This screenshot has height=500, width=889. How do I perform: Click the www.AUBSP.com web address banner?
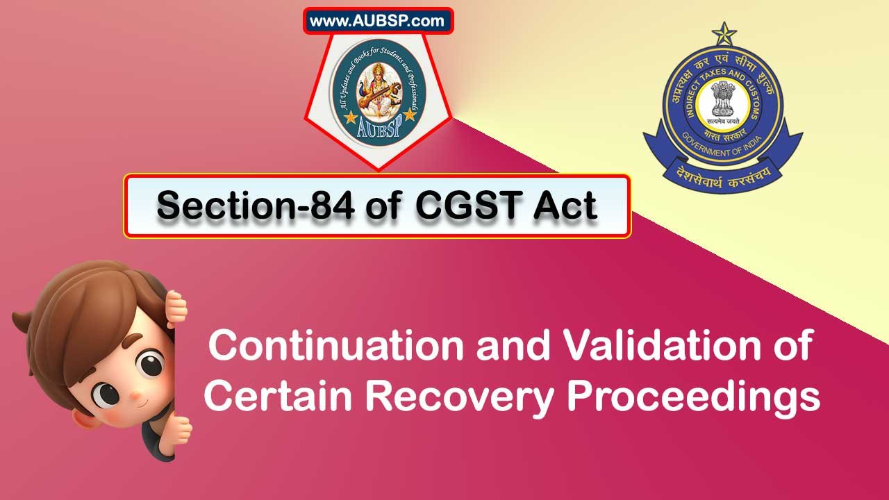[378, 21]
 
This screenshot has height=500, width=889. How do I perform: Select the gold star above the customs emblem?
[724, 32]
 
